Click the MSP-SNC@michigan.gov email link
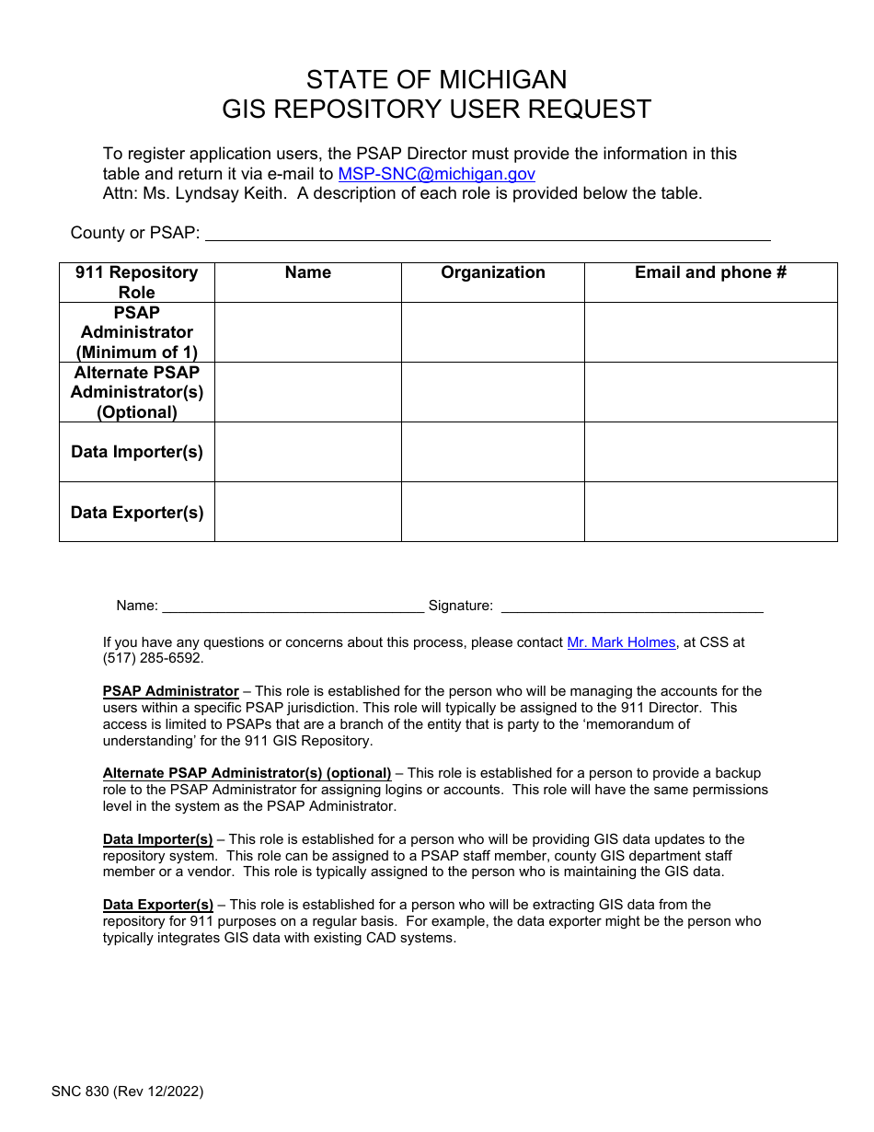click(436, 174)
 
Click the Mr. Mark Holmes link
click(621, 642)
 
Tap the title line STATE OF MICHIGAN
click(436, 79)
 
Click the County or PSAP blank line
click(488, 234)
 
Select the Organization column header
click(492, 272)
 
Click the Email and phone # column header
click(710, 272)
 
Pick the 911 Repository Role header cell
click(137, 283)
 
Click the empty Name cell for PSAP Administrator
click(308, 332)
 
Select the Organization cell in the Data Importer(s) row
click(492, 452)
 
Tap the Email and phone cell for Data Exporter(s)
click(710, 512)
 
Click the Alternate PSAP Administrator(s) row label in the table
click(137, 392)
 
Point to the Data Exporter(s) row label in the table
click(137, 513)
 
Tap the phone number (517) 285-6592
click(153, 659)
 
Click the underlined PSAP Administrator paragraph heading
click(171, 691)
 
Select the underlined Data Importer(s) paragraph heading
click(157, 839)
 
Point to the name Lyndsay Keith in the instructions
click(200, 193)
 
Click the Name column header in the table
click(308, 272)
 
